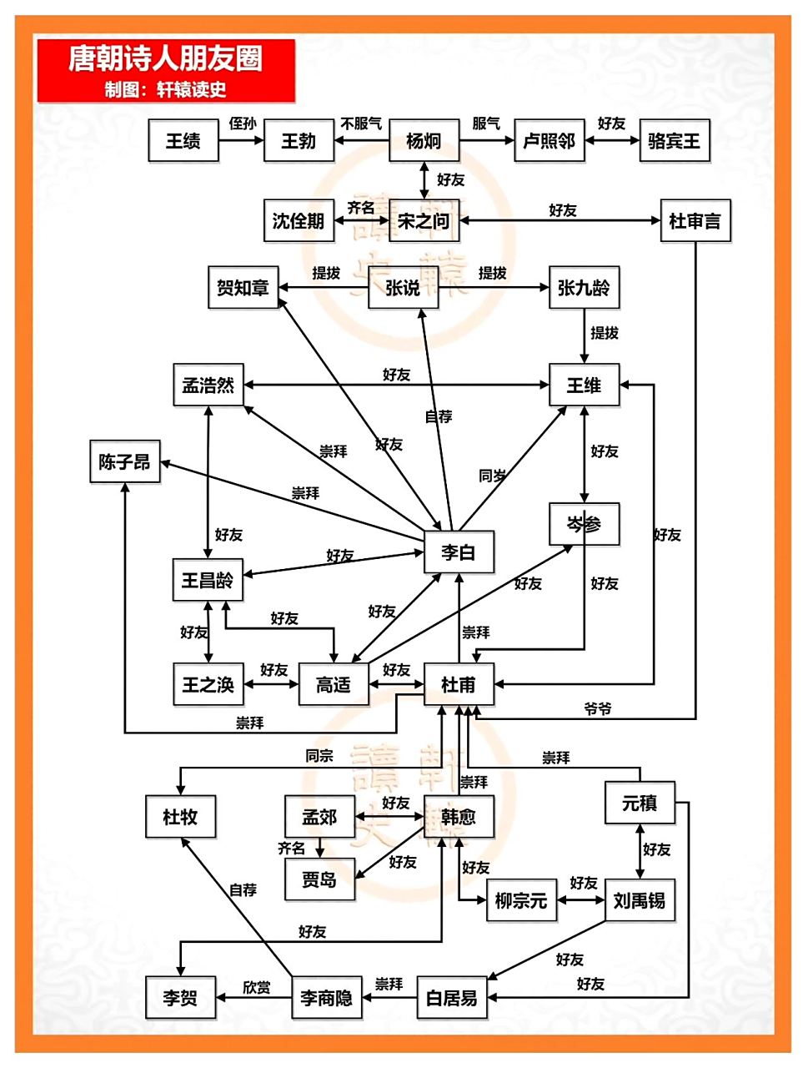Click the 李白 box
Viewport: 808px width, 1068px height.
[x=458, y=552]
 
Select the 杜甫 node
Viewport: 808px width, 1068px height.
[x=458, y=685]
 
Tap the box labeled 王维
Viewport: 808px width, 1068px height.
[x=584, y=385]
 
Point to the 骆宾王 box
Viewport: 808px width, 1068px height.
[x=674, y=140]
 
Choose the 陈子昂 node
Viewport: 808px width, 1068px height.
[x=124, y=461]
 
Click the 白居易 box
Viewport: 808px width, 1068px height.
[x=451, y=997]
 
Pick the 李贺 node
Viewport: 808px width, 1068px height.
[x=180, y=997]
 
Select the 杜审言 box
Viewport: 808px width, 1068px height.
[x=695, y=221]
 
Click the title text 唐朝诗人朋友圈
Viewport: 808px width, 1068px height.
[x=165, y=58]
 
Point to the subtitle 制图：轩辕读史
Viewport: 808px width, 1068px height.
[x=165, y=89]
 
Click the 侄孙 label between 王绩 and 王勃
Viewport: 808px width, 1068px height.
[x=242, y=123]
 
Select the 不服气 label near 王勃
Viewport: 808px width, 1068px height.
[x=361, y=123]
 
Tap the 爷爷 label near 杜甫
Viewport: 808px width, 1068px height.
[x=598, y=708]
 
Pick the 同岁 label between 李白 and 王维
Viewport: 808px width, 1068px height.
[x=493, y=476]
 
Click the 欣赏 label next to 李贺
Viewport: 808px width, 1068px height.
[x=256, y=987]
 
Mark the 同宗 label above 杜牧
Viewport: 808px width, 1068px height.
[x=319, y=756]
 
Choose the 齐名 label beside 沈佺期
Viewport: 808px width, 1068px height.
[x=361, y=208]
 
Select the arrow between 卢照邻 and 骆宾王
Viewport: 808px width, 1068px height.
[x=612, y=140]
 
